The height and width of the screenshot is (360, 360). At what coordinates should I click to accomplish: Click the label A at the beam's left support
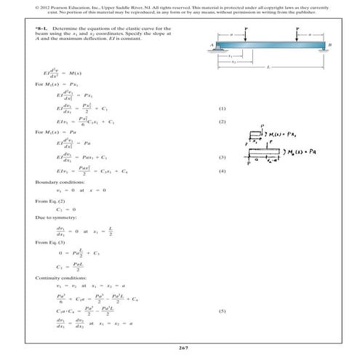coord(212,45)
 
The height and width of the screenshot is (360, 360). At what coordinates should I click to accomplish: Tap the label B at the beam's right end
coord(329,45)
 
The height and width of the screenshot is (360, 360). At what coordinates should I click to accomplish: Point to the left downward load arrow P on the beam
coord(246,35)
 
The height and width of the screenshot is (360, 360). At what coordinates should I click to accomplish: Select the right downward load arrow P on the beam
coord(298,35)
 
